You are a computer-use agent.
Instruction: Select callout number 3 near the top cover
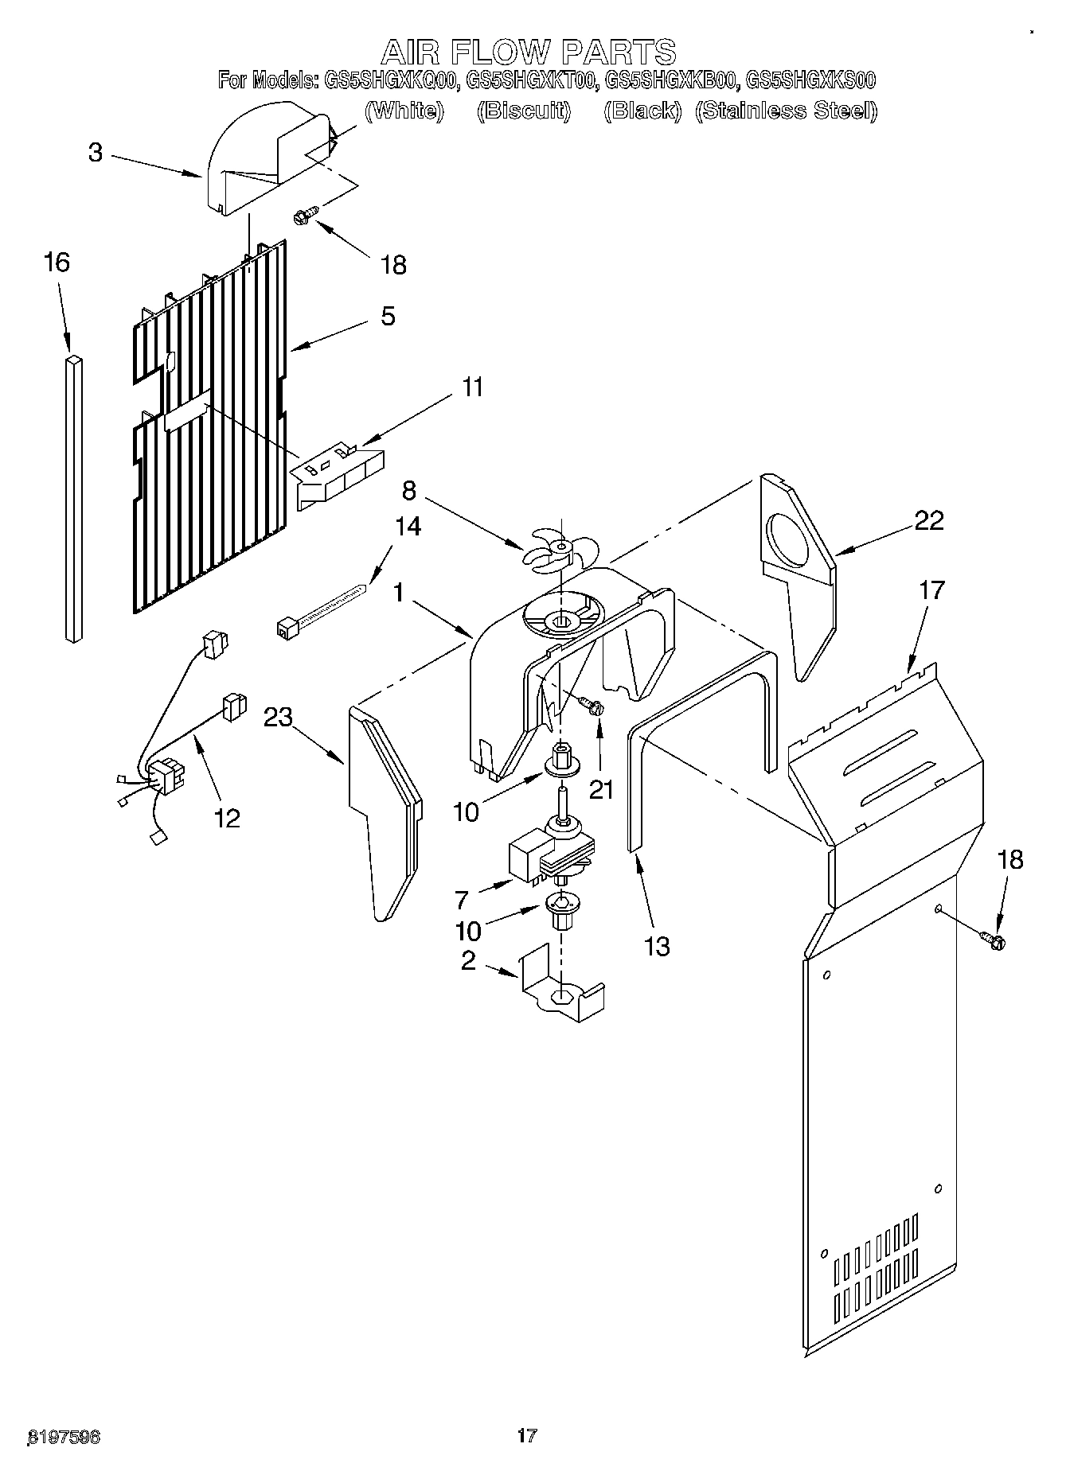tap(96, 152)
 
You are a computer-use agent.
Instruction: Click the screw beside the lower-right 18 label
tap(993, 940)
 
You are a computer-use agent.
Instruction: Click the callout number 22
tap(928, 520)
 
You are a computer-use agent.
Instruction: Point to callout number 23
tap(278, 717)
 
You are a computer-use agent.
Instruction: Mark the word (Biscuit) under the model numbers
tap(523, 111)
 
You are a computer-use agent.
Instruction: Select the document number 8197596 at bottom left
tap(64, 1437)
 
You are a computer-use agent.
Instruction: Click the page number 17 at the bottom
tap(526, 1435)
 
